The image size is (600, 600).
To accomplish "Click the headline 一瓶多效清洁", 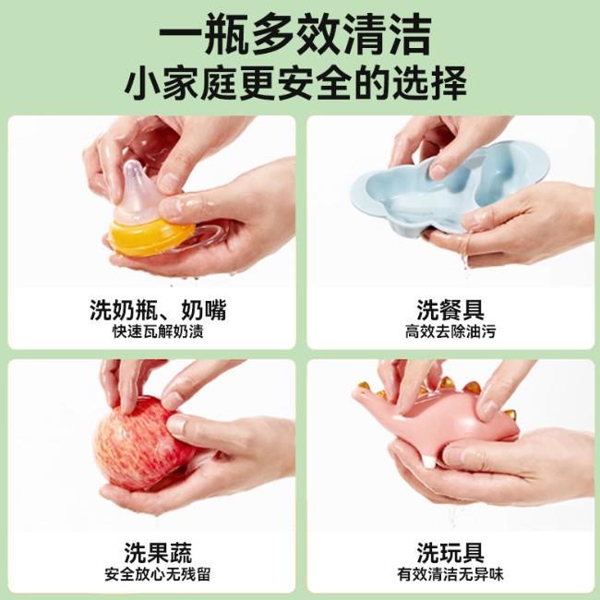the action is coord(295,35).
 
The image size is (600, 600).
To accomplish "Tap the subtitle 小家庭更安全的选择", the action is coord(295,83).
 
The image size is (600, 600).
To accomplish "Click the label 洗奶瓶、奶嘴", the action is coord(158,310).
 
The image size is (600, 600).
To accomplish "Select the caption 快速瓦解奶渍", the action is coord(158,331).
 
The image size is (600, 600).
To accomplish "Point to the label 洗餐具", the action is coord(450,310).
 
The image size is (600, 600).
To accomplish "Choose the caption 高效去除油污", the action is coord(450,331).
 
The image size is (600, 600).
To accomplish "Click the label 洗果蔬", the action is coord(158,553).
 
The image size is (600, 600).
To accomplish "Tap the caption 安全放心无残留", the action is coord(158,574).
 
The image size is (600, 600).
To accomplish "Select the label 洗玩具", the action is coord(450,553).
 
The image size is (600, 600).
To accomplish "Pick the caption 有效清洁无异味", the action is coord(450,574).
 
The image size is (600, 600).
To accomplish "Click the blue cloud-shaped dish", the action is coord(448,191).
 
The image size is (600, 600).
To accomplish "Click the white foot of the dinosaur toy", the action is coord(429,462).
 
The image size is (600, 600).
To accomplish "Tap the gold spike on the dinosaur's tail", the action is coord(510,414).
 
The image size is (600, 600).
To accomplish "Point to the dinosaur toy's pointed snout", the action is coord(357,391).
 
